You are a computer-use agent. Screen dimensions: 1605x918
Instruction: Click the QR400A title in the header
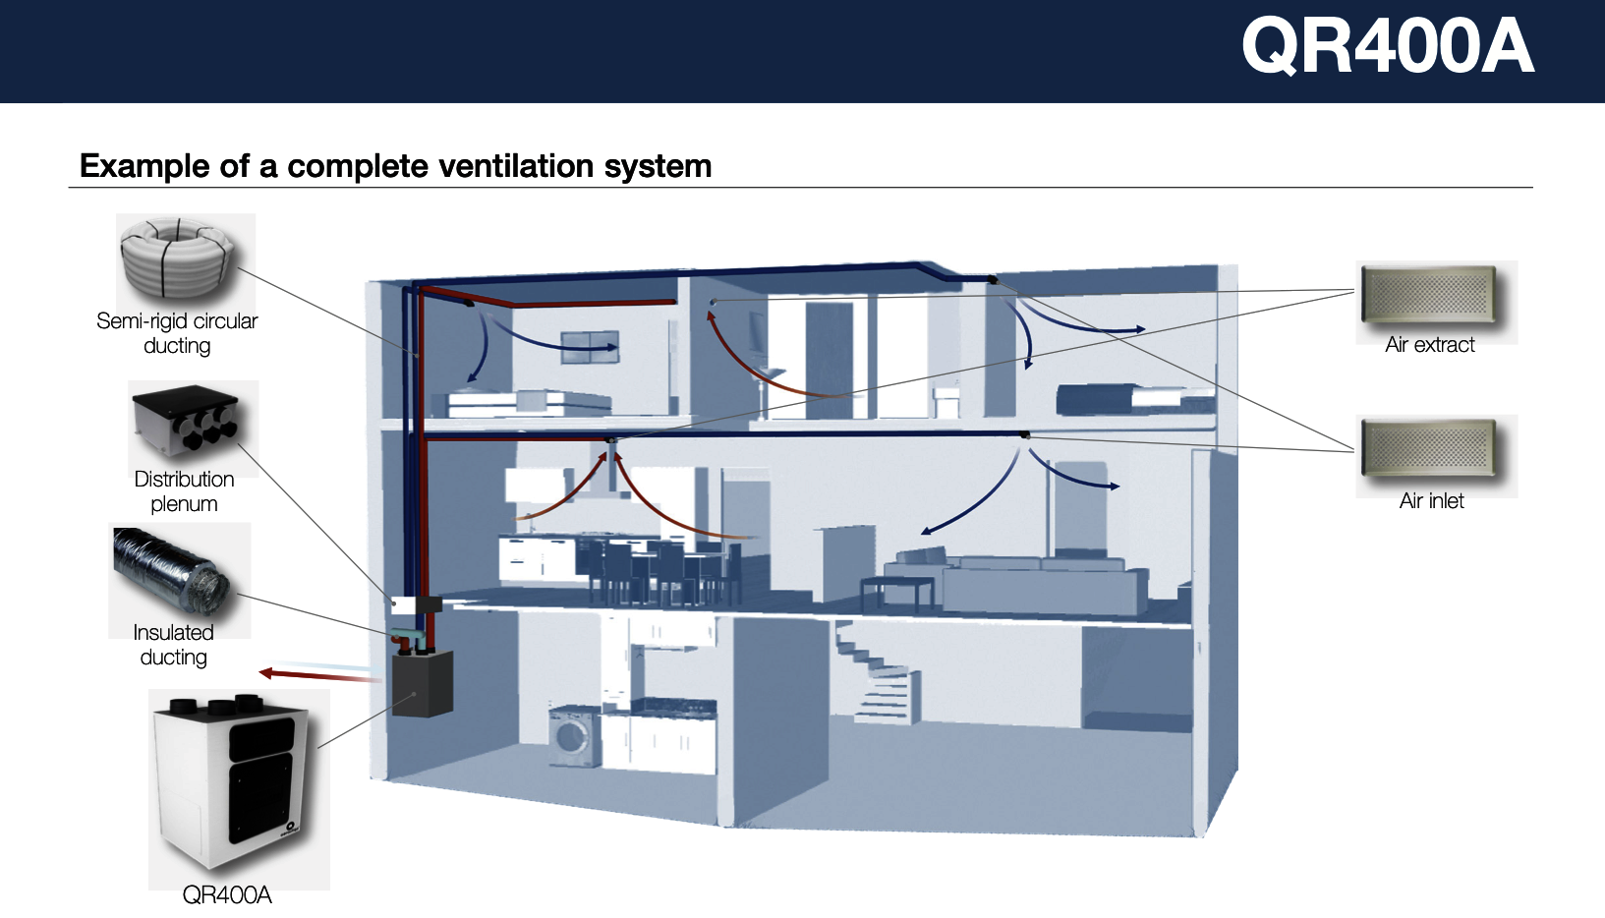[x=1387, y=46]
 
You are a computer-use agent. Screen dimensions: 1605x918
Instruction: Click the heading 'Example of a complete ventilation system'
[x=395, y=165]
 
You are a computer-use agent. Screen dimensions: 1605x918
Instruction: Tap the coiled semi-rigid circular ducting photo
[x=178, y=258]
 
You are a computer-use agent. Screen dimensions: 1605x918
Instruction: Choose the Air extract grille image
[x=1429, y=295]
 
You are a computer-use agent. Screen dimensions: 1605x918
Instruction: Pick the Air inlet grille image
[x=1429, y=448]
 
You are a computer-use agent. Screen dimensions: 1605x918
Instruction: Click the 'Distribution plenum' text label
[x=184, y=490]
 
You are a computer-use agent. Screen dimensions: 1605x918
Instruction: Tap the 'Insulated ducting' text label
[x=173, y=644]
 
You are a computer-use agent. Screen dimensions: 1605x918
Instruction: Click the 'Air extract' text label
[x=1429, y=345]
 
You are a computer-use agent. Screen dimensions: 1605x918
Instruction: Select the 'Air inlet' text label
[x=1431, y=500]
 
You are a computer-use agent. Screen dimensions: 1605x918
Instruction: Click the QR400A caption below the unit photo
[x=227, y=894]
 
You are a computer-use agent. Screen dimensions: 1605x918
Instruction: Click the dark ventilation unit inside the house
[x=423, y=684]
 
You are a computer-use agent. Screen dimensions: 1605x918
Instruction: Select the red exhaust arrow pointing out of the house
[x=320, y=673]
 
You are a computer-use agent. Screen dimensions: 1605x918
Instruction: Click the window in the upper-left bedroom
[x=590, y=347]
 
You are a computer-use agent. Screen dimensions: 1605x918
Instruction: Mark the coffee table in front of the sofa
[x=897, y=594]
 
